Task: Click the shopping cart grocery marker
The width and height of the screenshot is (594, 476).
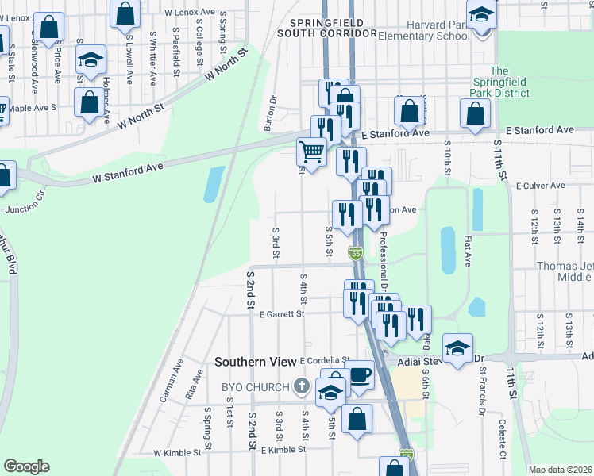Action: pos(311,152)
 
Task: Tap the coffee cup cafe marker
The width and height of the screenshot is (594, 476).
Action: pos(361,374)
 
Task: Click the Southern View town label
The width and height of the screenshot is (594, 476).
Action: pos(254,362)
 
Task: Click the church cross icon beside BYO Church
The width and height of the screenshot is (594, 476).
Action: pos(300,387)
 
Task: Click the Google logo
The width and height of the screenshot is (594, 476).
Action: pos(26,466)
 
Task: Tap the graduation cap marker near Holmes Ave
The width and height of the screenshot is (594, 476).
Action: pos(91,60)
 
